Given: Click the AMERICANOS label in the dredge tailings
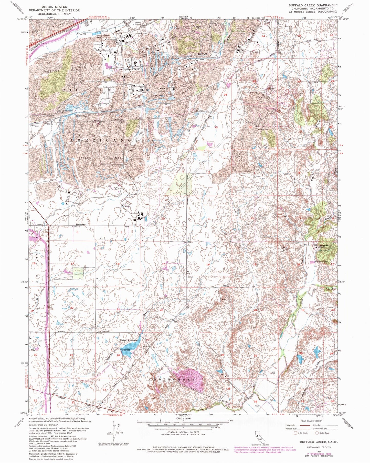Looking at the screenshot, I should click(104, 140).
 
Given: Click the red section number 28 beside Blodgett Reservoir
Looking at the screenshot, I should click(118, 355).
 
